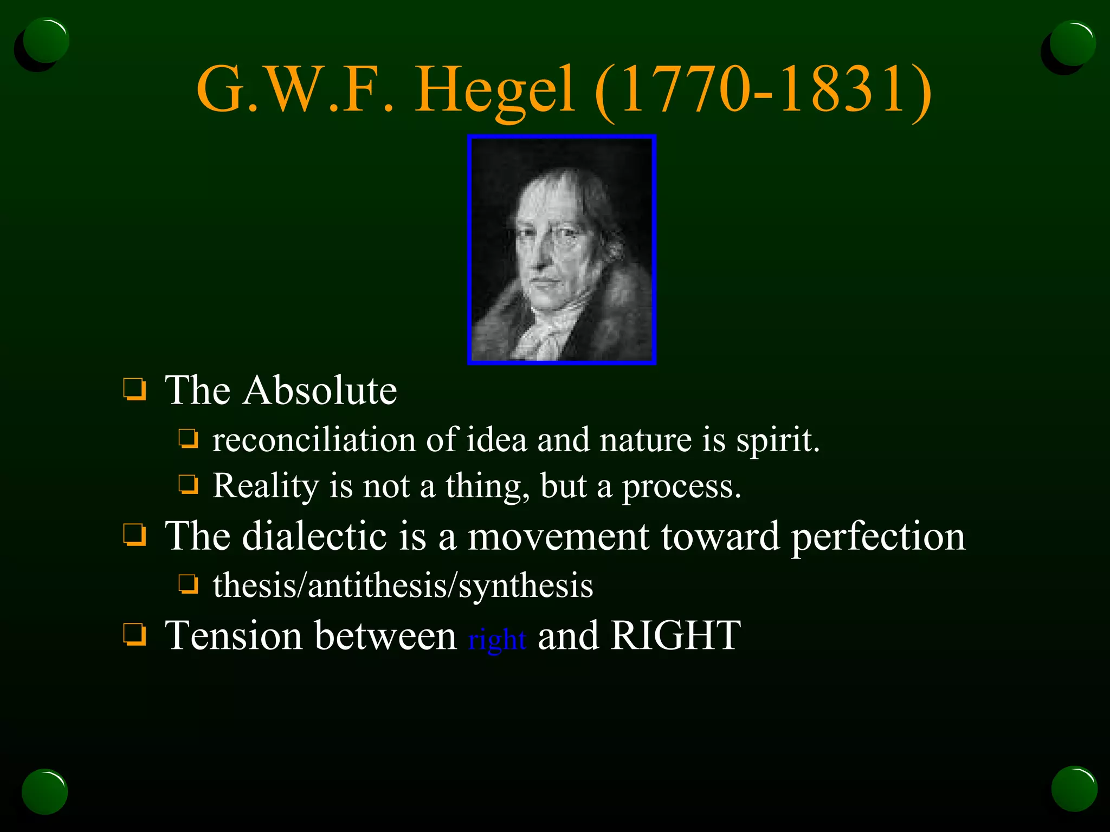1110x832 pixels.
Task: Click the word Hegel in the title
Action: (494, 89)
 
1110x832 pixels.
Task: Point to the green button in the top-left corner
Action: (47, 41)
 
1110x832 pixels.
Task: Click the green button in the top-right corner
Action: (1072, 43)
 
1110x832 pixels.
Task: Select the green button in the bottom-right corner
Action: (1074, 789)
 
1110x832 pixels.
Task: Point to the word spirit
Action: (777, 440)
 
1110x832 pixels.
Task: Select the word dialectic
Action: (314, 536)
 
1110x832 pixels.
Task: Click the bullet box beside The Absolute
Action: (134, 389)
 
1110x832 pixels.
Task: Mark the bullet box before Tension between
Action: (134, 634)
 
